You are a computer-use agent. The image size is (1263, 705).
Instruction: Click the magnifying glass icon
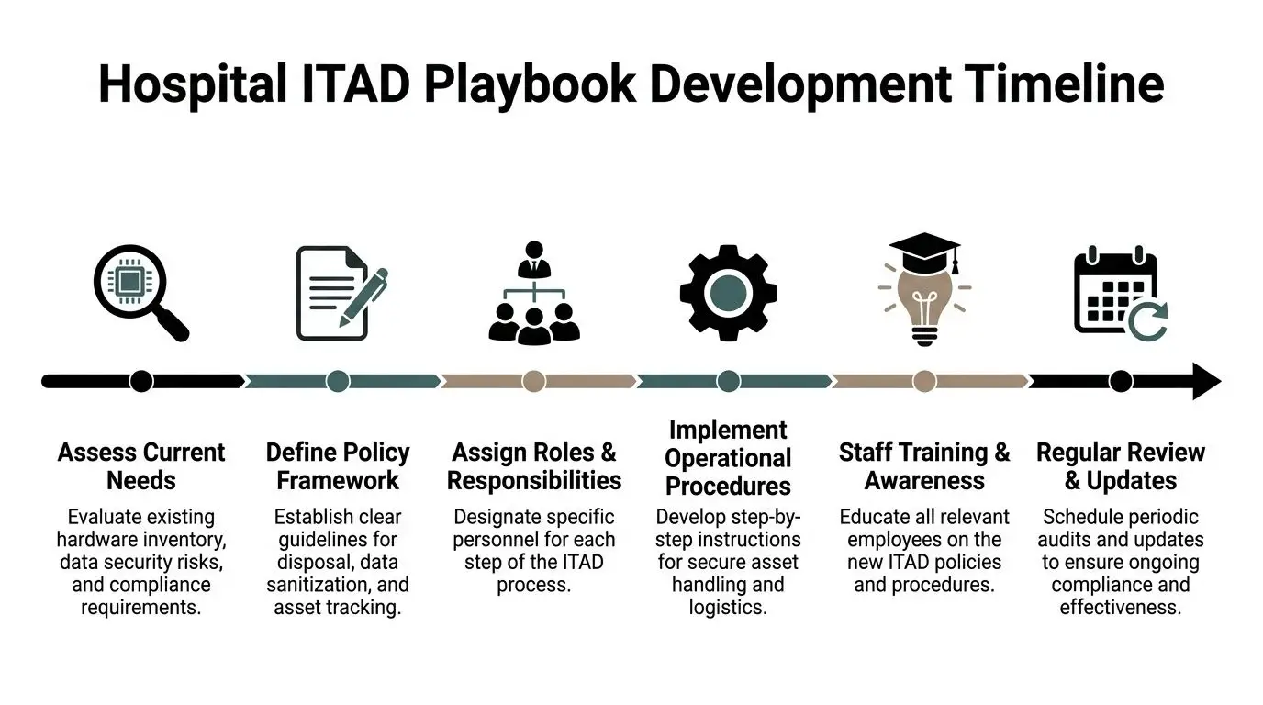click(140, 293)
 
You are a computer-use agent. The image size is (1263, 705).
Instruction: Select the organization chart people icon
click(533, 293)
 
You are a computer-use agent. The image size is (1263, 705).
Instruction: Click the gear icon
click(728, 293)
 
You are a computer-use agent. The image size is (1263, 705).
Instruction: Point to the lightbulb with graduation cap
click(924, 288)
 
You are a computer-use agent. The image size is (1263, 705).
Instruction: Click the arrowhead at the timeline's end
click(1205, 381)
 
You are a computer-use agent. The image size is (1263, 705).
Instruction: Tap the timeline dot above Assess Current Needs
click(141, 381)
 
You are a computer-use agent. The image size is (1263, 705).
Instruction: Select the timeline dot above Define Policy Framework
click(338, 381)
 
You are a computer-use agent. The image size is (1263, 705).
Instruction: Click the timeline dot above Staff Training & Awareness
click(924, 381)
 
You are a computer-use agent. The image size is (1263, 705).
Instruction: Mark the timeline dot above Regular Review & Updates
click(1120, 381)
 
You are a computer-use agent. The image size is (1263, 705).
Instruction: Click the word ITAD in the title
click(354, 84)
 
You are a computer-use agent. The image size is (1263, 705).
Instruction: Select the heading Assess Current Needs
click(141, 466)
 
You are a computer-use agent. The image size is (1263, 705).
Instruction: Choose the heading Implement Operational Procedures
click(728, 458)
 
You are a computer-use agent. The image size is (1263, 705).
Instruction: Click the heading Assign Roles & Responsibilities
click(533, 466)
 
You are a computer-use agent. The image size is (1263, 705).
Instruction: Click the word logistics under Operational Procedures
click(728, 608)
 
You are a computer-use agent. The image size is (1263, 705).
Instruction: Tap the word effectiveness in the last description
click(1120, 608)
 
